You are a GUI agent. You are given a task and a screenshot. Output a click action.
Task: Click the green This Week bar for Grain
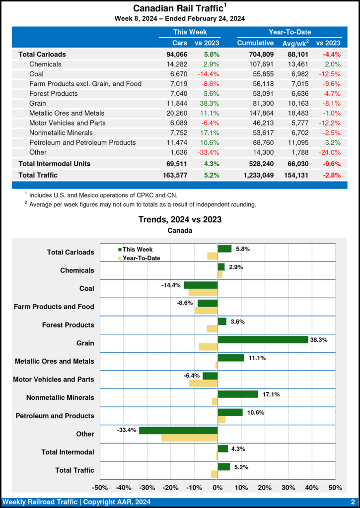coord(263,339)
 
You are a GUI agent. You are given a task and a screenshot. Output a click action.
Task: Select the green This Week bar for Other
coord(178,430)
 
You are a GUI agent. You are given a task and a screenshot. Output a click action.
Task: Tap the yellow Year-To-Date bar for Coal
coord(203,292)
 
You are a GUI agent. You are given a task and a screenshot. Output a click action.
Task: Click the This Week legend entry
coord(135,250)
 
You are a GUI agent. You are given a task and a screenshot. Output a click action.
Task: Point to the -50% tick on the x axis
coord(100,488)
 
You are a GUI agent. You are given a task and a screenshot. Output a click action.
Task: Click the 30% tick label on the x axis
coord(288,488)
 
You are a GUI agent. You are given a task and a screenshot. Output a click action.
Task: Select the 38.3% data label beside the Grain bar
coord(319,339)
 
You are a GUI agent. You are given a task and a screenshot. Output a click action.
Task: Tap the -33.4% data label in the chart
coord(127,430)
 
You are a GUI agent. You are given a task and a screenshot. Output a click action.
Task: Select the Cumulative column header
coord(256,43)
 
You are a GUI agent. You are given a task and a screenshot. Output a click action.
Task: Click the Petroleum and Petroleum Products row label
coord(82,142)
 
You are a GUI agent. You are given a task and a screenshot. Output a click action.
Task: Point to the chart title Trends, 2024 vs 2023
coord(180,219)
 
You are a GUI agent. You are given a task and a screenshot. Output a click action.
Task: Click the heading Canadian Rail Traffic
coord(177,8)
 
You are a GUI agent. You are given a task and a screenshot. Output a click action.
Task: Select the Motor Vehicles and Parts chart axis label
coord(54,380)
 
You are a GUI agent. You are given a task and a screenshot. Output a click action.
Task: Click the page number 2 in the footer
coord(352,502)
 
